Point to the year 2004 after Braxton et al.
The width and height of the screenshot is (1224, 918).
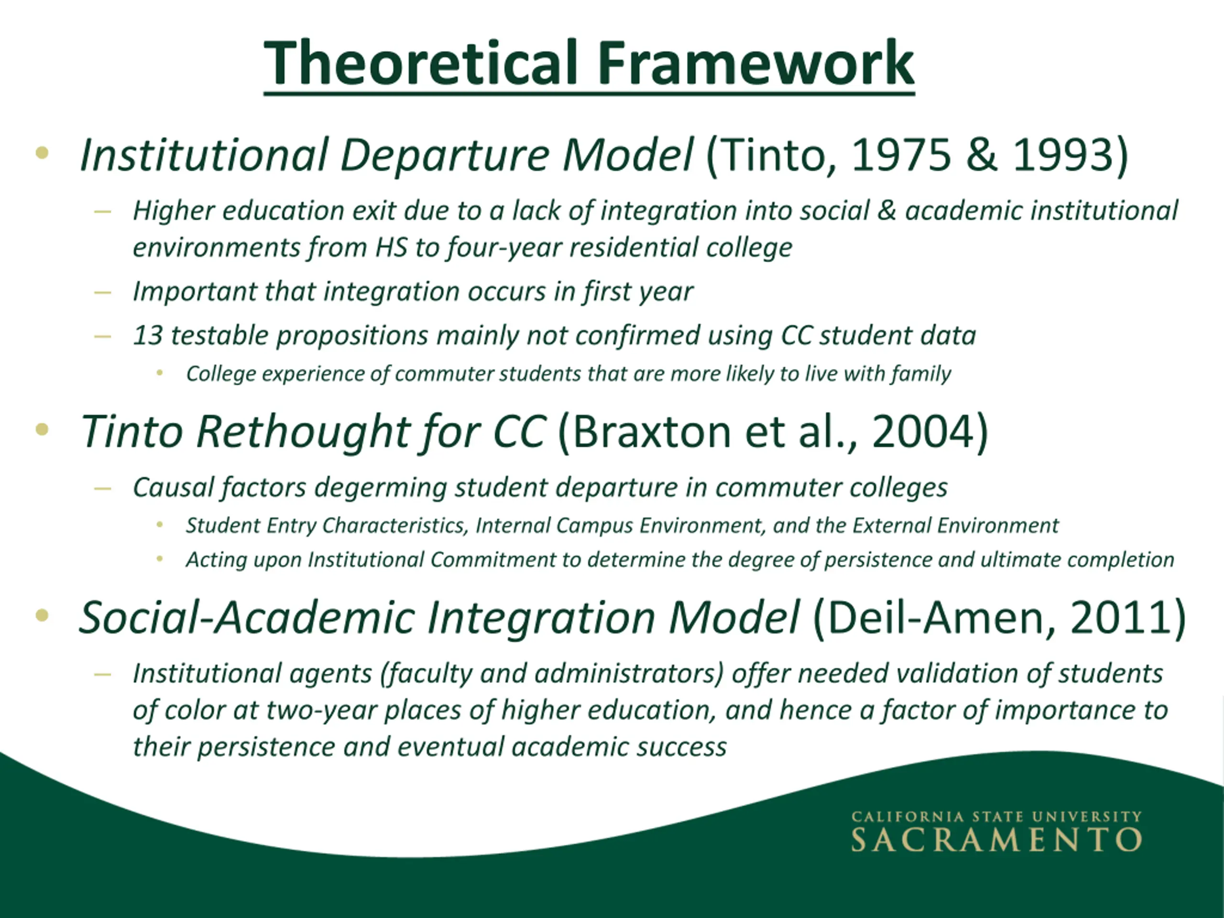[923, 432]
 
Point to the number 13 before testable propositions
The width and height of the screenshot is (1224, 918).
[148, 335]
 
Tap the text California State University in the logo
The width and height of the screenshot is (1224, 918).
[996, 817]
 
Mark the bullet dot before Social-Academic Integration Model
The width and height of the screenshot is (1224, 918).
[42, 615]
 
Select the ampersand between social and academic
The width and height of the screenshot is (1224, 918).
[886, 211]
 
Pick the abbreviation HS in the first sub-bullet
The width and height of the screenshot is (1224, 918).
[391, 247]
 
